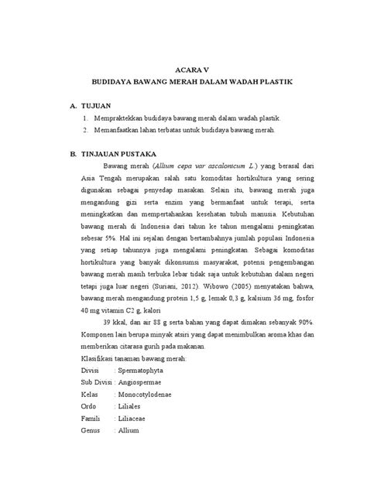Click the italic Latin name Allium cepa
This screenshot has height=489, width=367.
coord(174,166)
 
